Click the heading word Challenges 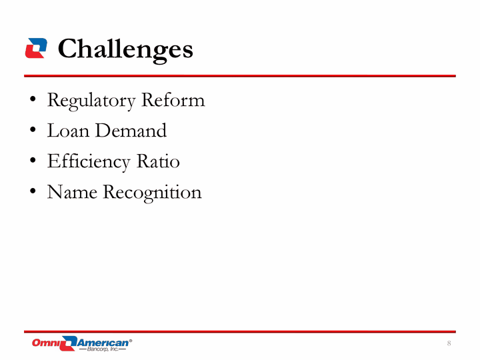pyautogui.click(x=125, y=50)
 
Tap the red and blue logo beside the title pyautogui.click(x=36, y=48)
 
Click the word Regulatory pyautogui.click(x=91, y=101)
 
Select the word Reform pyautogui.click(x=173, y=100)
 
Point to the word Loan pyautogui.click(x=68, y=131)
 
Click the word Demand pyautogui.click(x=131, y=131)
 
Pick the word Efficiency pyautogui.click(x=89, y=162)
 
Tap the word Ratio pyautogui.click(x=158, y=161)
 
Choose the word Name pyautogui.click(x=72, y=192)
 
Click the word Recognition pyautogui.click(x=152, y=193)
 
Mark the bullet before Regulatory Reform pyautogui.click(x=33, y=99)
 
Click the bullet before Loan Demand pyautogui.click(x=33, y=129)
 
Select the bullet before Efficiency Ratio pyautogui.click(x=33, y=160)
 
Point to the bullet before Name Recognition pyautogui.click(x=33, y=191)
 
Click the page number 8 pyautogui.click(x=449, y=343)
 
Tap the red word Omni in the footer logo pyautogui.click(x=46, y=343)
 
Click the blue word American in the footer pyautogui.click(x=103, y=343)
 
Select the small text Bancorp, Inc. pyautogui.click(x=103, y=349)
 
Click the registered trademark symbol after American pyautogui.click(x=131, y=341)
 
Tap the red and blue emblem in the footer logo pyautogui.click(x=69, y=343)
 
